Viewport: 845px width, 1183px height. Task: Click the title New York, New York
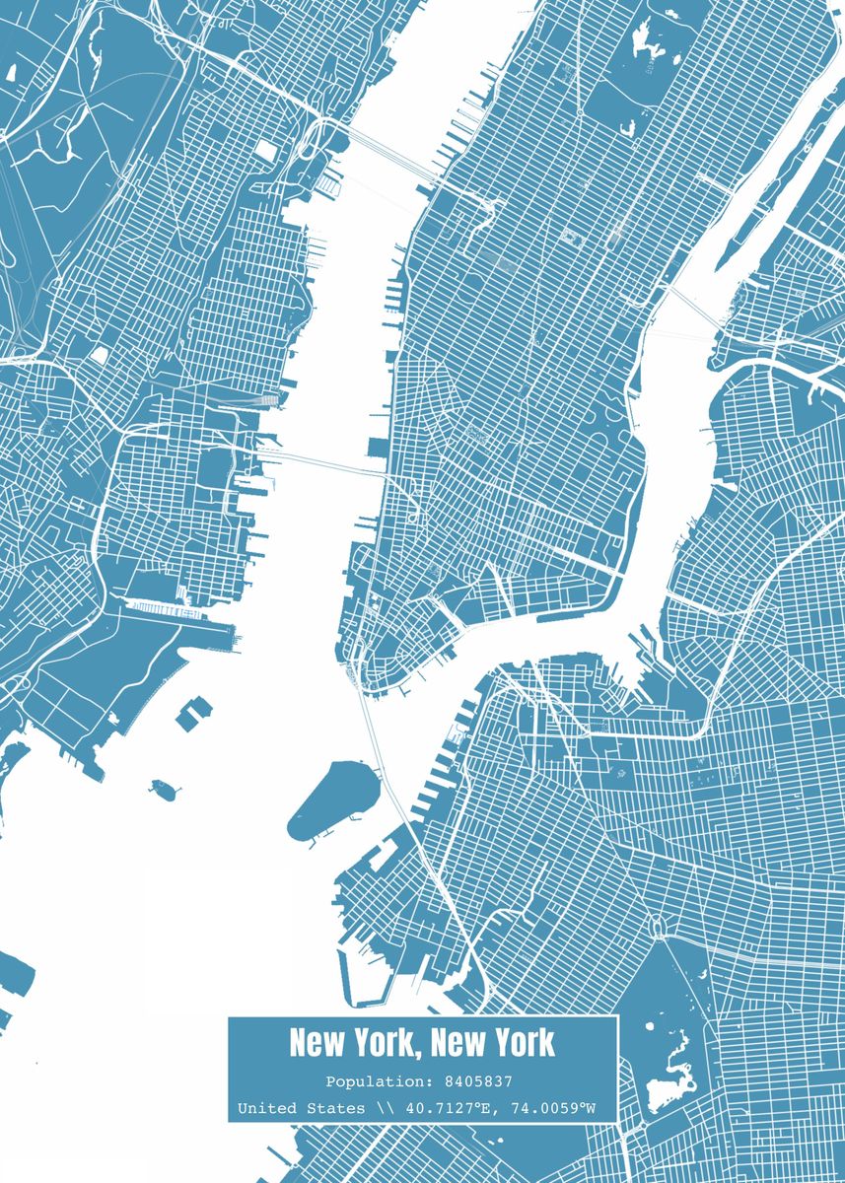click(x=422, y=1043)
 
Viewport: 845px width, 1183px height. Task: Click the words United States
click(x=300, y=1108)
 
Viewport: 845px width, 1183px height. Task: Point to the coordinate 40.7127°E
click(x=441, y=1108)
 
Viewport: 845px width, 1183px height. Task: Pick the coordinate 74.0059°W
click(x=553, y=1108)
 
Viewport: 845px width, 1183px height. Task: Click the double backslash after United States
click(x=383, y=1108)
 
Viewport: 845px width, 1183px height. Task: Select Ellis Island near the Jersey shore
click(x=194, y=712)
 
